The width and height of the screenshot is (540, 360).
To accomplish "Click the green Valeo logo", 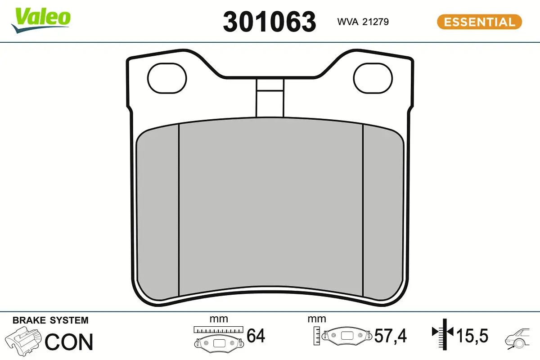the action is pyautogui.click(x=41, y=21).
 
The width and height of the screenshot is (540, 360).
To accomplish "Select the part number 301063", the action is pyautogui.click(x=269, y=22).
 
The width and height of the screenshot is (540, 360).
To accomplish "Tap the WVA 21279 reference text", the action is pyautogui.click(x=363, y=22).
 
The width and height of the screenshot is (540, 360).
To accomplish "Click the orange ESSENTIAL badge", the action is pyautogui.click(x=480, y=22).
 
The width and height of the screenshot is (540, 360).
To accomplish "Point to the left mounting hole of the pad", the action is pyautogui.click(x=167, y=78).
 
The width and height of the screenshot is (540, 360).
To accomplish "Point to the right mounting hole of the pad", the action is pyautogui.click(x=373, y=78).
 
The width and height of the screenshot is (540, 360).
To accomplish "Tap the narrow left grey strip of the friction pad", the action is pyautogui.click(x=157, y=213).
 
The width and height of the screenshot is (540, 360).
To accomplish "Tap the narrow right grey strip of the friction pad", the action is pyautogui.click(x=383, y=213).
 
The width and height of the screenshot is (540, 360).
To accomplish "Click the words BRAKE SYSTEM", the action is pyautogui.click(x=50, y=320).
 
